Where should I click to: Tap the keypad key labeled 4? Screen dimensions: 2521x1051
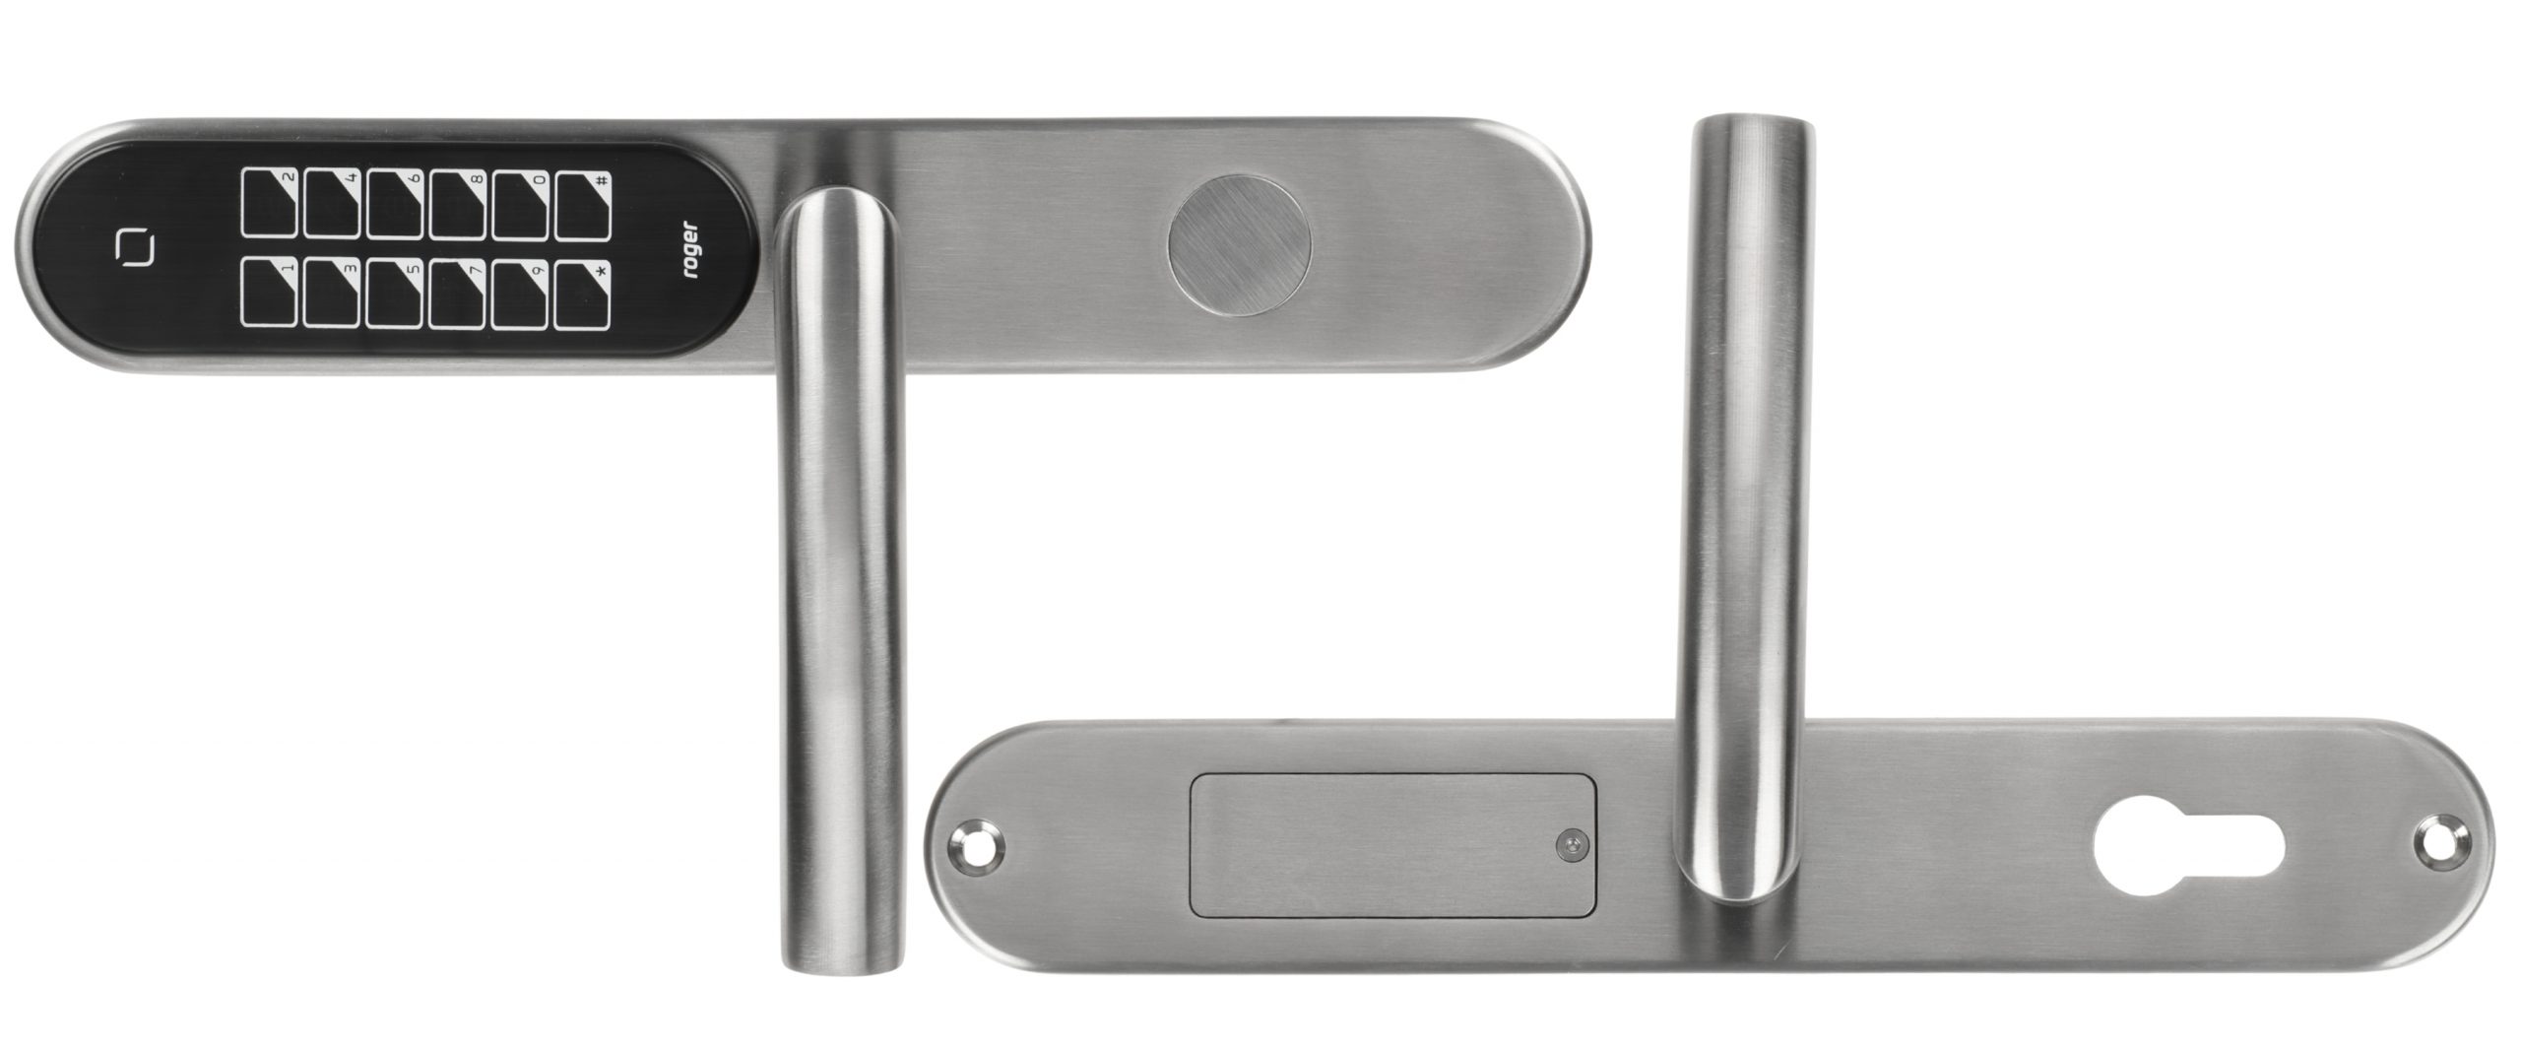(x=332, y=203)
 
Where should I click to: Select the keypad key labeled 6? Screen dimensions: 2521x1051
(x=395, y=203)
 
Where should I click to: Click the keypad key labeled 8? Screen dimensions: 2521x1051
(x=457, y=203)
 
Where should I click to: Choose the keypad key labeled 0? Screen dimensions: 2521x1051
(x=520, y=203)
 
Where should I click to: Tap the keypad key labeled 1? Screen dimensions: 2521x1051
(x=269, y=293)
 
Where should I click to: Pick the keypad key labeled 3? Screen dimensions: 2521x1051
(x=332, y=293)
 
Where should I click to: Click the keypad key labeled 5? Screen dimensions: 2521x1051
(x=395, y=293)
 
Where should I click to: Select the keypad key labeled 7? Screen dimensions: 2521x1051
(x=457, y=293)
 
